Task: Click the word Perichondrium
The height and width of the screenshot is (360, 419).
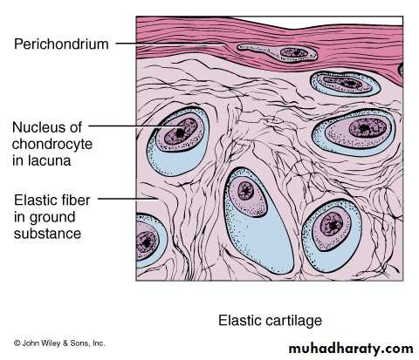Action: [x=61, y=44]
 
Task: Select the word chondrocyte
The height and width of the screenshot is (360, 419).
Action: [x=52, y=145]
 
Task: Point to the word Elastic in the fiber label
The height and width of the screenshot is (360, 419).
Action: [x=35, y=200]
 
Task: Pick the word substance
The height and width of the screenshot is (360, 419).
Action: [x=47, y=234]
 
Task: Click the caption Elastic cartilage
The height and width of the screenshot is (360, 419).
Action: [x=270, y=321]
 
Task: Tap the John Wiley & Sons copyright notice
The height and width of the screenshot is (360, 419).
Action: [x=59, y=343]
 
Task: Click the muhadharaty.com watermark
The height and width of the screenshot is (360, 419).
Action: [x=351, y=348]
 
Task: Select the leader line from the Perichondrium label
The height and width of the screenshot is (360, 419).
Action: [x=170, y=44]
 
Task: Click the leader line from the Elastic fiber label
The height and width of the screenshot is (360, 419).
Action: [x=128, y=199]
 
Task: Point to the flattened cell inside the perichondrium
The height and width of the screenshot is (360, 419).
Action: [x=278, y=52]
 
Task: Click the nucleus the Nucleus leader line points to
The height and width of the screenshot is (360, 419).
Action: [x=181, y=132]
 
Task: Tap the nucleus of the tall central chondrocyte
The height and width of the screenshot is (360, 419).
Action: [x=246, y=191]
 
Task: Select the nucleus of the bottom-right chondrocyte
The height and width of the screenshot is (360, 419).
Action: [x=332, y=224]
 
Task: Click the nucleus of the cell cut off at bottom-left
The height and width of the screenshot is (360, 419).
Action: [x=146, y=241]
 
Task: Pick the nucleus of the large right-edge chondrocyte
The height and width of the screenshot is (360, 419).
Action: [x=367, y=128]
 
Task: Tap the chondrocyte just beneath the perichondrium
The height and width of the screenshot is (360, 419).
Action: [x=346, y=84]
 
